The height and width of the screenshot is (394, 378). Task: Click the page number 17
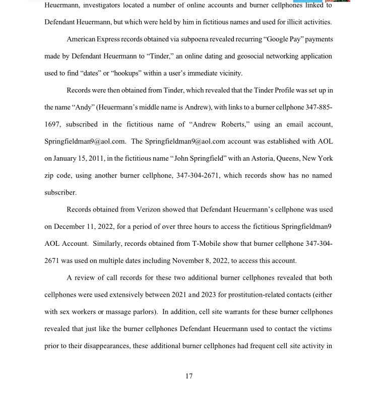coord(188,376)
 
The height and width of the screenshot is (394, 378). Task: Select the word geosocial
coord(230,56)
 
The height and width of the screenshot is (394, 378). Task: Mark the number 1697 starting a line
coord(52,124)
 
